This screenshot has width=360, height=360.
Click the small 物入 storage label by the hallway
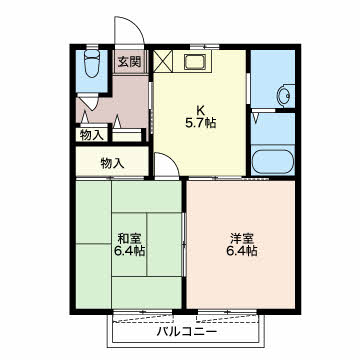coord(90,134)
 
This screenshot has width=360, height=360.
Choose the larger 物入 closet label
coord(111,162)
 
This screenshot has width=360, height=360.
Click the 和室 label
coord(127,238)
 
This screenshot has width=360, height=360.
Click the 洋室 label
coord(241,238)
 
